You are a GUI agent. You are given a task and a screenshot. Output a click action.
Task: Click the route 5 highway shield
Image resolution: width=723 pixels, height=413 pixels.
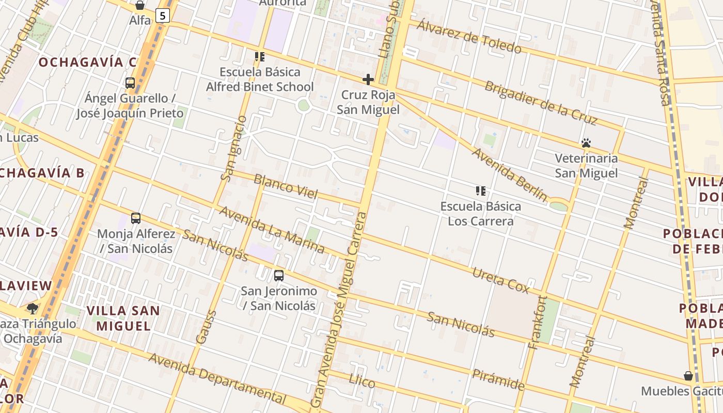(x=163, y=16)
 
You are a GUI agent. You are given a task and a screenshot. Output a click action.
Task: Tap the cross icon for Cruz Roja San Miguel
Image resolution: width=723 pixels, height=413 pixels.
(x=368, y=80)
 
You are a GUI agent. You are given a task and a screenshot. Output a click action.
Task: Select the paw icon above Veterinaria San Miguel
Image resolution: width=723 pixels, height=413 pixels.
(x=586, y=142)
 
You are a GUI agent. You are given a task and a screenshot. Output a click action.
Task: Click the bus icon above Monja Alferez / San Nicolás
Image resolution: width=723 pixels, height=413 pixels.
(x=136, y=218)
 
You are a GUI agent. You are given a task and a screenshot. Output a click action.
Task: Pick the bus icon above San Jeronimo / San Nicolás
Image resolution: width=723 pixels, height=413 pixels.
(x=279, y=275)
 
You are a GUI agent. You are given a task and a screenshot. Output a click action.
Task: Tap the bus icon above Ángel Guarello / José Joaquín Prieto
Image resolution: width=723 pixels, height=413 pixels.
(x=130, y=83)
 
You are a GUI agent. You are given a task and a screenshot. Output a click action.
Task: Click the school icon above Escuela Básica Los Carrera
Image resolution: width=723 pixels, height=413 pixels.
(x=481, y=191)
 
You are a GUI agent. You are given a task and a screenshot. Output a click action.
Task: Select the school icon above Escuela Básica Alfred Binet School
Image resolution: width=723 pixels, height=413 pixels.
(x=260, y=56)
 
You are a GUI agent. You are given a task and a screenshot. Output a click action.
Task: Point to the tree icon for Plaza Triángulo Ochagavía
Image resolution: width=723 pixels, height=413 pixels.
(x=33, y=309)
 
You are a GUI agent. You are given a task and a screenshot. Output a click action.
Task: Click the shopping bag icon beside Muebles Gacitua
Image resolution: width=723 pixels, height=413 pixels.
(x=688, y=375)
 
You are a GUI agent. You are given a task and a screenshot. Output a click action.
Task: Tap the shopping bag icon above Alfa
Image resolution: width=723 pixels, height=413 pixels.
(x=140, y=6)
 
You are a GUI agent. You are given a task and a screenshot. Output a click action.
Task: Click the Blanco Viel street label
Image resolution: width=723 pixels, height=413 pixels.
(x=286, y=186)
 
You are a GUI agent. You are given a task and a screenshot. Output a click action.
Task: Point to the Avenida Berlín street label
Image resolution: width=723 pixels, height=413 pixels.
(x=509, y=174)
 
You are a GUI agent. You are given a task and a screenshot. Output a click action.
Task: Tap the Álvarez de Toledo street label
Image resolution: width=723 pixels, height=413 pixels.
(x=469, y=37)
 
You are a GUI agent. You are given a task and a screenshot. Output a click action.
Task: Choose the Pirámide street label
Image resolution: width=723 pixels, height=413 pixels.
(x=498, y=379)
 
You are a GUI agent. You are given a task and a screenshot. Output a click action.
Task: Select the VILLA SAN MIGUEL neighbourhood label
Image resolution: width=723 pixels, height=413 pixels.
(x=123, y=318)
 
